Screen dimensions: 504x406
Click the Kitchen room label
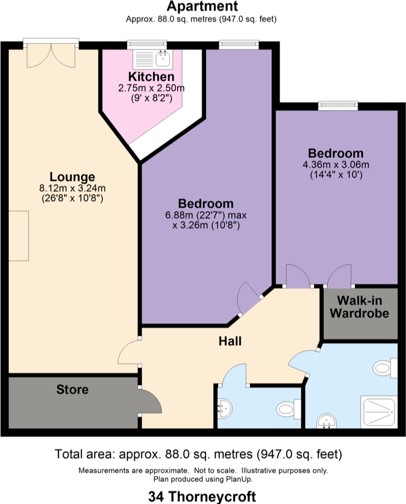pos(151,77)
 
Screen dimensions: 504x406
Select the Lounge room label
pos(72,177)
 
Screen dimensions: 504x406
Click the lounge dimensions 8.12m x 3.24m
pos(72,188)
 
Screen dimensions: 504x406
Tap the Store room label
pos(72,389)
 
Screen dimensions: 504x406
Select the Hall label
pos(229,341)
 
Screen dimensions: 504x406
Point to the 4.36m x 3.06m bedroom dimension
pos(336,164)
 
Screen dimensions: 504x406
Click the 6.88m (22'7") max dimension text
pos(206,215)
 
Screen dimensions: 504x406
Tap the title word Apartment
pos(202,7)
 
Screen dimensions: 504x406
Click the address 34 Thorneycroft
pos(202,495)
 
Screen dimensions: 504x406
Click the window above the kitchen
pos(147,42)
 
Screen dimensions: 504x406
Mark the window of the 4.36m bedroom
pos(337,104)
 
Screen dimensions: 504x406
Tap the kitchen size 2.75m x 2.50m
pos(151,88)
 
